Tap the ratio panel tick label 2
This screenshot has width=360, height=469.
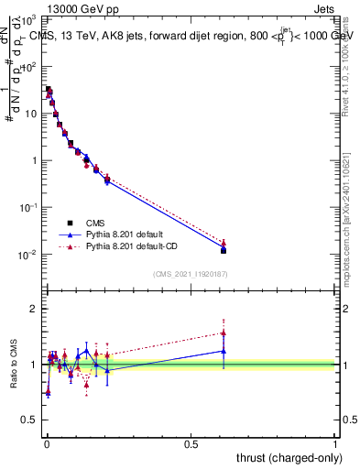click(35, 309)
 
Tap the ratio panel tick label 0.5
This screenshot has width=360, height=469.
click(30, 421)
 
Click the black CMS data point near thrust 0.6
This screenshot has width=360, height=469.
click(224, 250)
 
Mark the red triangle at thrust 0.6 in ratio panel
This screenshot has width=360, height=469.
click(224, 333)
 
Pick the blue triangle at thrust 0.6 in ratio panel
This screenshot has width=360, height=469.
click(224, 351)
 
